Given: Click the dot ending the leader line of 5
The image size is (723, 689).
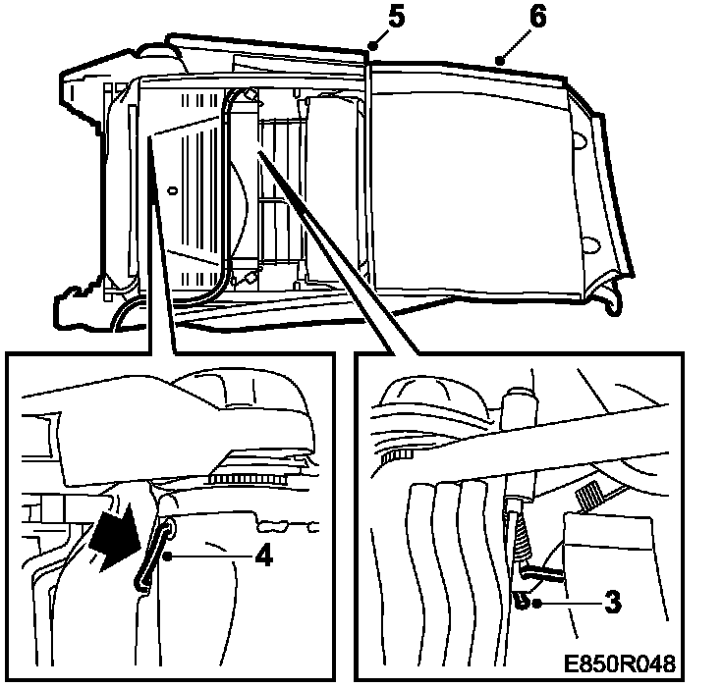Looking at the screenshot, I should coord(371,45).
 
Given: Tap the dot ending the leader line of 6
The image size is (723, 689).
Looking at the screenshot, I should coord(500,61).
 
